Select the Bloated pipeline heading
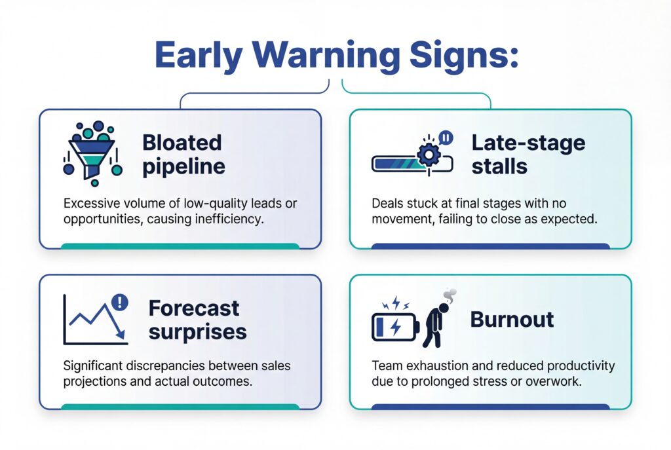coord(183,154)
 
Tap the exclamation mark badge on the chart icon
coord(121,302)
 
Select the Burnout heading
coord(512,319)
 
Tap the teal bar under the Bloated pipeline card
coord(180,246)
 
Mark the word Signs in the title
coord(463,56)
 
